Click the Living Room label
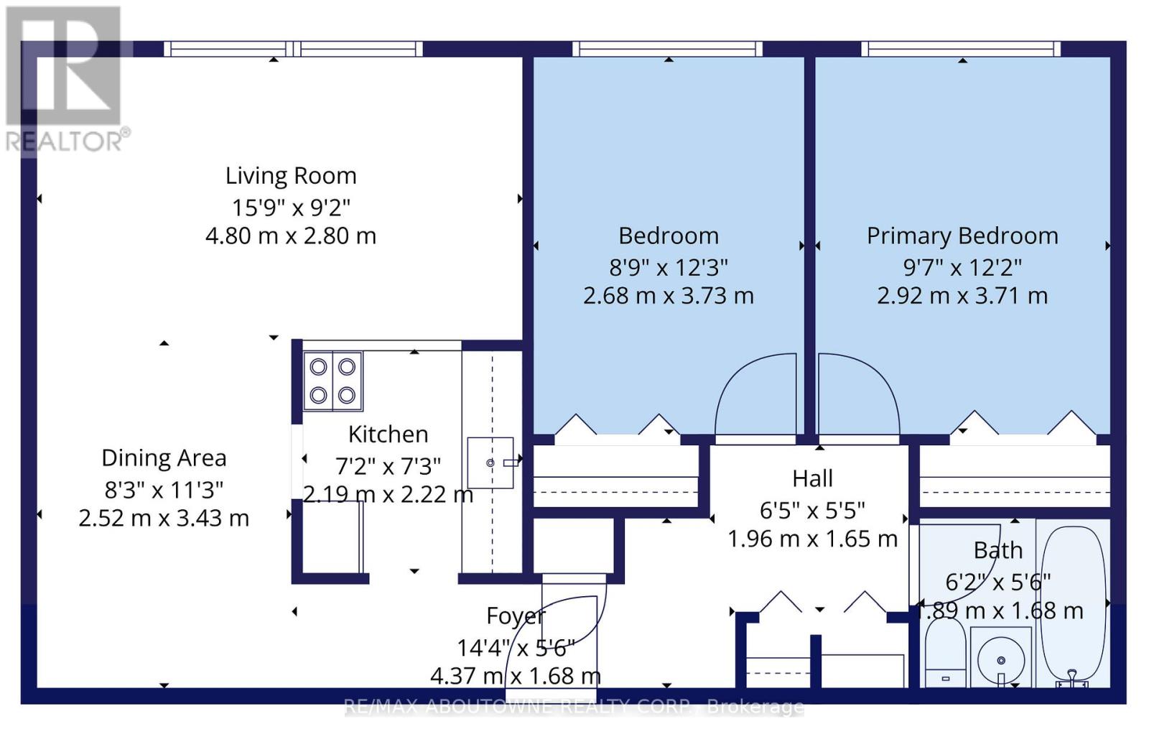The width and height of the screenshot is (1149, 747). point(291,176)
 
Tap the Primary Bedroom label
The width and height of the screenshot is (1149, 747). point(962,236)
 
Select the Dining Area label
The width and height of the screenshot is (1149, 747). point(164,458)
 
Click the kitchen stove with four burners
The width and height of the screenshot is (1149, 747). point(333,381)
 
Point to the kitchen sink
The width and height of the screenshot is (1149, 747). point(490,463)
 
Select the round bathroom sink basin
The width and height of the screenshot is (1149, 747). point(1001,660)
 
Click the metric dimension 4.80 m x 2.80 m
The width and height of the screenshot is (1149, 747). point(291,236)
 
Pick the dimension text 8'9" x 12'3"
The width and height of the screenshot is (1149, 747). point(669,267)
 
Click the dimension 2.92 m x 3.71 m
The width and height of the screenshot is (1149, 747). point(962,296)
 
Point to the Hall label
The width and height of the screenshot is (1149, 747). point(812,478)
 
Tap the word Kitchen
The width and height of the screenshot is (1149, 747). point(388,435)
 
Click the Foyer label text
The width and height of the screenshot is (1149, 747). point(516,616)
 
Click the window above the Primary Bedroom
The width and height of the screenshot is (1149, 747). point(961,50)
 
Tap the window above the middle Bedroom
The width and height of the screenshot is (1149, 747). point(667,50)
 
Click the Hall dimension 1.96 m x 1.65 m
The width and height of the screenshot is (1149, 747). point(812,539)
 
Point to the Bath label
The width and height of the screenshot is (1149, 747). point(998,550)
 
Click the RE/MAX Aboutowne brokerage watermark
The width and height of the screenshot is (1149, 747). point(574,707)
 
